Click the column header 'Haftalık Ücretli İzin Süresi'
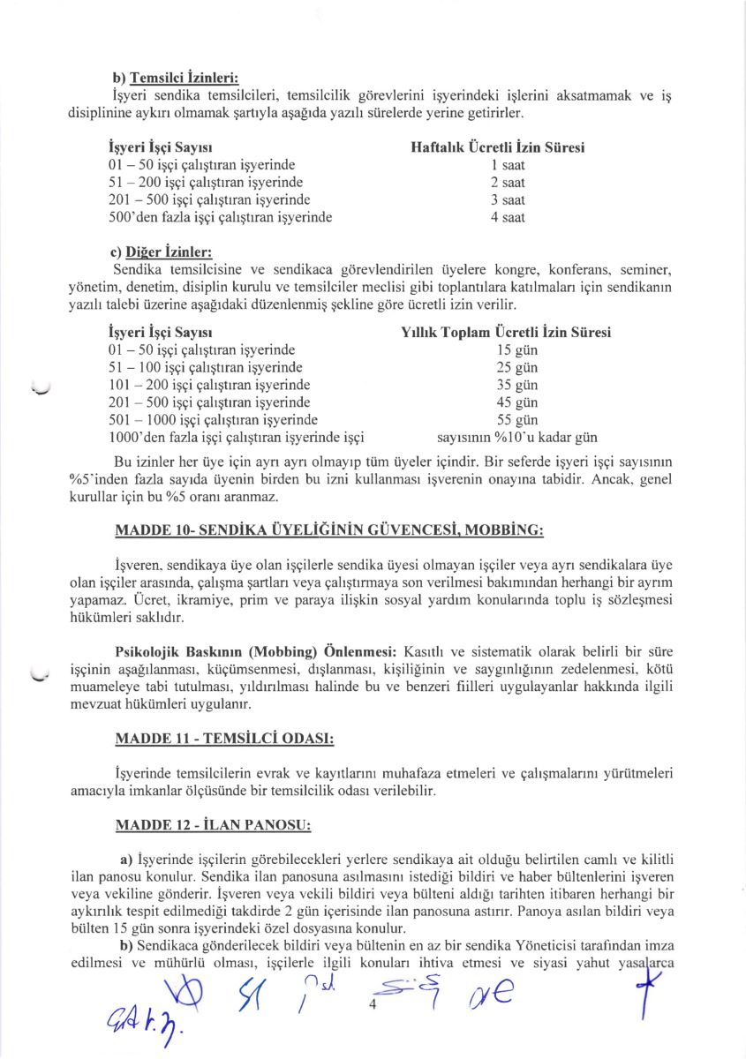(498, 147)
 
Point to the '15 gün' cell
(517, 350)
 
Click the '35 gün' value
(517, 385)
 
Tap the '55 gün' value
(517, 420)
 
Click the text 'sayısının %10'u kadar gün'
(517, 437)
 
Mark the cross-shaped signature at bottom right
(652, 982)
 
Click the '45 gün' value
(517, 402)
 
